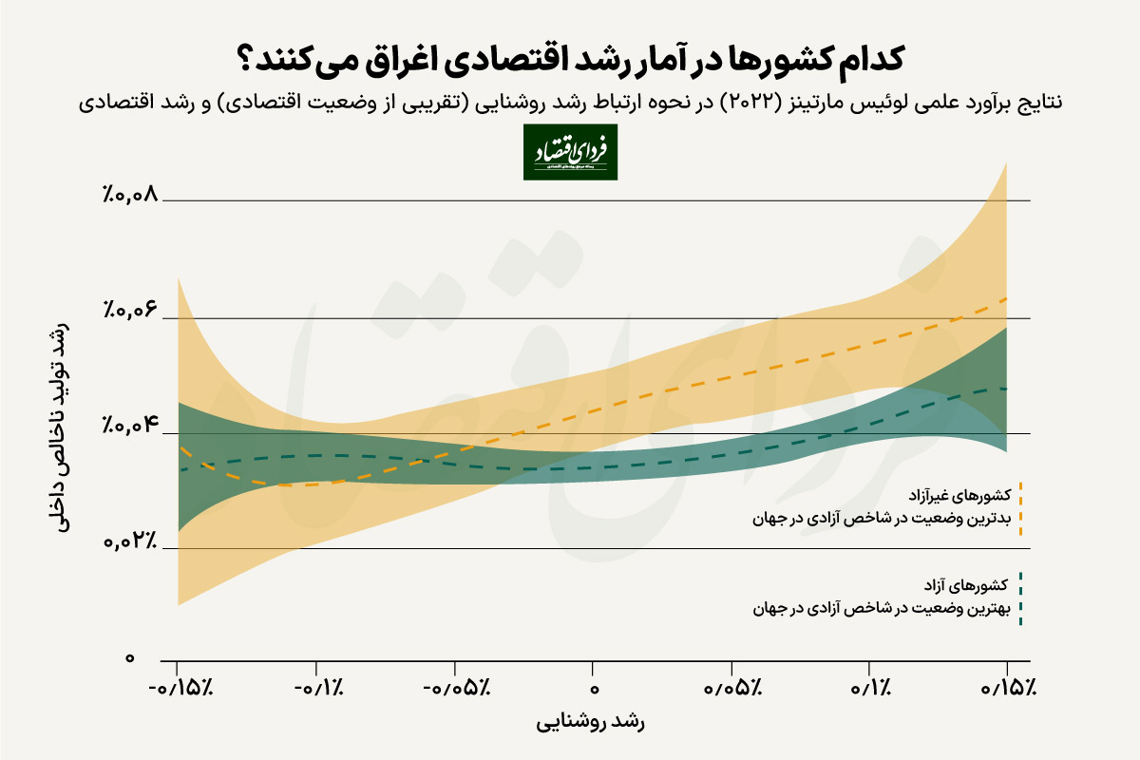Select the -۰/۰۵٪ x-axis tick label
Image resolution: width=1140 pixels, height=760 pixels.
455,687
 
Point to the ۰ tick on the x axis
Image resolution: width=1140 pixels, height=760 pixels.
594,687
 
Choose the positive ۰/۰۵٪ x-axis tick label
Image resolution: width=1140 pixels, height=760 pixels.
731,687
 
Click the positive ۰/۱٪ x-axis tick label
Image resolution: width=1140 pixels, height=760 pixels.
870,687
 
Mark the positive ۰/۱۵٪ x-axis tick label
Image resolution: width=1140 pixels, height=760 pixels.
1007,687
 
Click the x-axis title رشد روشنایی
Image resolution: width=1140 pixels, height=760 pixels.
592,724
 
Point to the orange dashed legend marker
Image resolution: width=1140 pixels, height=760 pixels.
1019,508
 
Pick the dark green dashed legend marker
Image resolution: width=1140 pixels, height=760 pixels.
1019,599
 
